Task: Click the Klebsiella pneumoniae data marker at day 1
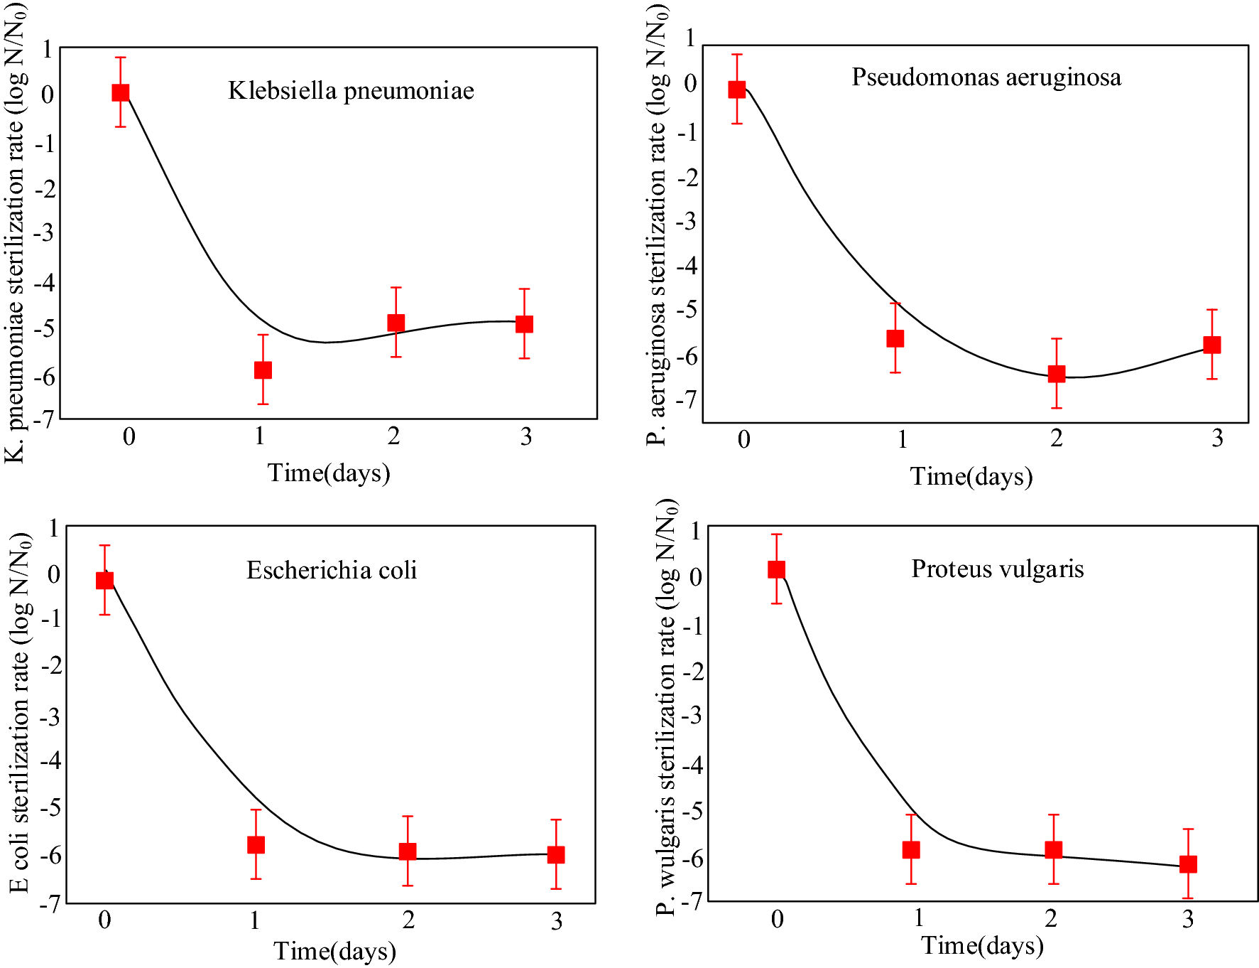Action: pyautogui.click(x=263, y=370)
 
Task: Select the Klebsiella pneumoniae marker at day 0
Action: pyautogui.click(x=121, y=92)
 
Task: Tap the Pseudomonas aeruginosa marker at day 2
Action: pyautogui.click(x=1057, y=374)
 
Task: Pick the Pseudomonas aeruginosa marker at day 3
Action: pyautogui.click(x=1212, y=345)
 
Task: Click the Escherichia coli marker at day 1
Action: pyautogui.click(x=256, y=844)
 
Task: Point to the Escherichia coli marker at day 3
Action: pyautogui.click(x=556, y=854)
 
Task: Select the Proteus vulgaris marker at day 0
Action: pyautogui.click(x=777, y=569)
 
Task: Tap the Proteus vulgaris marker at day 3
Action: pyautogui.click(x=1188, y=864)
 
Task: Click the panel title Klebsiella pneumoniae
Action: pyautogui.click(x=351, y=91)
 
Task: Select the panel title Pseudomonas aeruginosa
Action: pyautogui.click(x=986, y=77)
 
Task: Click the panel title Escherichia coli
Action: pyautogui.click(x=332, y=570)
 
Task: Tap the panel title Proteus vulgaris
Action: pyautogui.click(x=998, y=569)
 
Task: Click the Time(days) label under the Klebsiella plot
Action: pyautogui.click(x=329, y=473)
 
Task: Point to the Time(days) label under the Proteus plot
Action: pyautogui.click(x=982, y=945)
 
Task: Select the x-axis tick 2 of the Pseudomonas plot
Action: pyautogui.click(x=1057, y=439)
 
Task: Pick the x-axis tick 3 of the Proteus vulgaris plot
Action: pyautogui.click(x=1188, y=919)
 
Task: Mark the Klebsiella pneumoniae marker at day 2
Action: pyautogui.click(x=396, y=323)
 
